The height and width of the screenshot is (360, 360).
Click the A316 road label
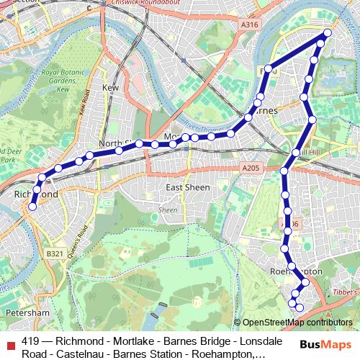(249, 25)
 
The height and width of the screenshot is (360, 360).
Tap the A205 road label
(250, 168)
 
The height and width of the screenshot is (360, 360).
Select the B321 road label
(55, 253)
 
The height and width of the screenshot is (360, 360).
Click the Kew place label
(110, 87)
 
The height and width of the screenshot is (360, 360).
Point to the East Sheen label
(188, 187)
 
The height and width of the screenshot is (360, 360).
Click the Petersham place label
(26, 313)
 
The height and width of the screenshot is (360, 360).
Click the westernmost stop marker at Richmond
(32, 207)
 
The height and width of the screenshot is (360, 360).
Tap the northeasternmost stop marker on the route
(328, 33)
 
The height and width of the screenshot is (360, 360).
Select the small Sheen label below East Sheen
(168, 210)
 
